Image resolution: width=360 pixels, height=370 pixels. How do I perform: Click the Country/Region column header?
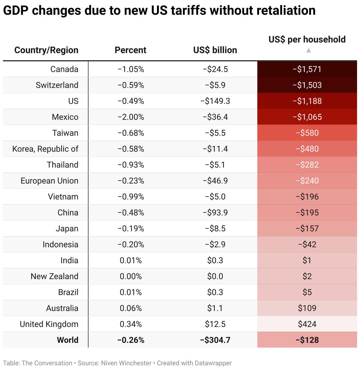tap(46, 50)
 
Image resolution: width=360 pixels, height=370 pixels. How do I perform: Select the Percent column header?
tap(130, 50)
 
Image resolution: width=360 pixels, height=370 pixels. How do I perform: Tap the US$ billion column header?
tap(215, 50)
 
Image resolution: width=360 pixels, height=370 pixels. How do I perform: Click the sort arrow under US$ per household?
tap(308, 50)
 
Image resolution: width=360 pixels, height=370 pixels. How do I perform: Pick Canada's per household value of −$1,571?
tap(307, 69)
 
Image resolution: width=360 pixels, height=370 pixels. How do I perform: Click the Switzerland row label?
tap(57, 85)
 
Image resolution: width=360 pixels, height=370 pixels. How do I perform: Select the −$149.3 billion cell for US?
tap(215, 101)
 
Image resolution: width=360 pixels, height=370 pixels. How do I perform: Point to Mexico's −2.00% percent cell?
tap(131, 117)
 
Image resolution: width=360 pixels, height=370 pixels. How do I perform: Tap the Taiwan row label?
tap(65, 133)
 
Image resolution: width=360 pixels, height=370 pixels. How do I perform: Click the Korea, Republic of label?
tap(45, 149)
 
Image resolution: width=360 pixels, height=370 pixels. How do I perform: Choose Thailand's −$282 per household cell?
tap(307, 165)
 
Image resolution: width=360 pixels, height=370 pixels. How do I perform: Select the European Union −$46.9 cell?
tap(215, 181)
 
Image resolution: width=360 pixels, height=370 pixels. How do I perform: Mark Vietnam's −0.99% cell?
tap(131, 197)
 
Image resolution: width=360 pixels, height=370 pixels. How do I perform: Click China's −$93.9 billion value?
tap(215, 213)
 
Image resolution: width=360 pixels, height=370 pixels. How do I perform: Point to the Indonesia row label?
tap(60, 245)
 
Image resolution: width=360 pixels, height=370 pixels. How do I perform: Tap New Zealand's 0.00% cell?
tap(131, 276)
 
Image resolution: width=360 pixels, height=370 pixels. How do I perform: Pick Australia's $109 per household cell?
tap(307, 308)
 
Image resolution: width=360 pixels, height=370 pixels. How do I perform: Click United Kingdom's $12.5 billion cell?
tap(215, 324)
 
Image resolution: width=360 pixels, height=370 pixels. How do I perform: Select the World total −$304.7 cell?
tap(215, 340)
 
